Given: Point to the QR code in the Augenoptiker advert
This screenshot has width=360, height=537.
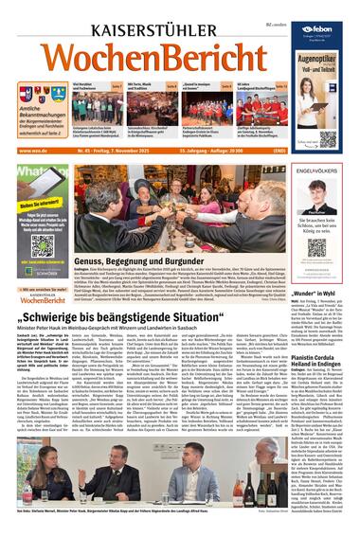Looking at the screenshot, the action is point(327,138).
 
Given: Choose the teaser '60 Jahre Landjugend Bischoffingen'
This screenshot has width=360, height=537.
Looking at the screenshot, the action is point(254,87).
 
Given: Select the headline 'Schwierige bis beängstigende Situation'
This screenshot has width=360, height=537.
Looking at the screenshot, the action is point(142,309).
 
